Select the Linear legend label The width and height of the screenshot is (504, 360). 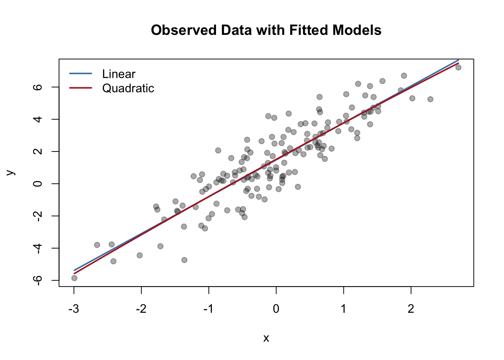[x=118, y=74]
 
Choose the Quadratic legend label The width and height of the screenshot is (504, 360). [x=128, y=88]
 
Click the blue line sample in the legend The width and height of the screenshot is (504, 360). [x=81, y=73]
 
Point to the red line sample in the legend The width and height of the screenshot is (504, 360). [x=81, y=88]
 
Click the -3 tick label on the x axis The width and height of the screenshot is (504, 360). [x=73, y=309]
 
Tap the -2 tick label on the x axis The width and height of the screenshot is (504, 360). [x=141, y=309]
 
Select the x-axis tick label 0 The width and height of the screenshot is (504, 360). [x=276, y=309]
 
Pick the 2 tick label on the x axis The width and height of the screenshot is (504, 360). [x=411, y=309]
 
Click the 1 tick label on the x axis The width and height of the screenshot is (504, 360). [x=343, y=309]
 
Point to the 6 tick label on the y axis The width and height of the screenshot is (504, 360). [x=38, y=87]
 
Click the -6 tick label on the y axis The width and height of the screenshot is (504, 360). [x=38, y=280]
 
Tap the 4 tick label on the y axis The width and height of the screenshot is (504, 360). [x=38, y=119]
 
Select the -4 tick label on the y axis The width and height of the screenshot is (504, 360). [x=38, y=248]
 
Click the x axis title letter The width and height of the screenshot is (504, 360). [x=266, y=338]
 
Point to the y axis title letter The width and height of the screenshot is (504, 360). [x=11, y=172]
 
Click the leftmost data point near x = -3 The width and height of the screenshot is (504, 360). [x=74, y=278]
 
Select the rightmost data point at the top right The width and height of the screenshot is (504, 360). [x=458, y=67]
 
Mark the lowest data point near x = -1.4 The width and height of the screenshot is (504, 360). [x=184, y=260]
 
